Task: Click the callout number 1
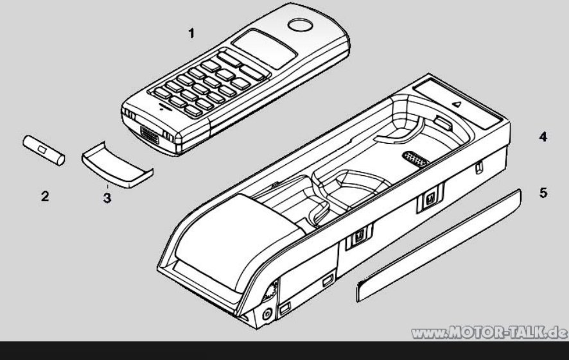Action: pos(191,33)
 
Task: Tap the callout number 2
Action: pos(45,196)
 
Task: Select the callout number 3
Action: pos(107,198)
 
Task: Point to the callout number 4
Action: pos(543,137)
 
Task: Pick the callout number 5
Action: pos(543,193)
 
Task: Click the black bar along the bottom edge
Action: pos(284,350)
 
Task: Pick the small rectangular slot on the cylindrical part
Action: pos(41,149)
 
